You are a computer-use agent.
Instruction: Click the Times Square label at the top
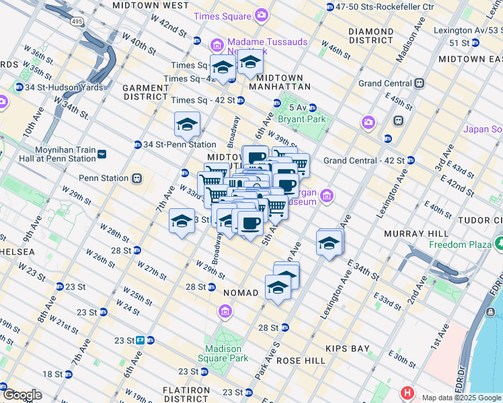pos(222,15)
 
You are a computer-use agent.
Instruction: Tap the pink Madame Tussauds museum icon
pos(217,46)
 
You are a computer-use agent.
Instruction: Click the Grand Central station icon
pos(420,83)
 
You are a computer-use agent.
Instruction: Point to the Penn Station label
pos(104,178)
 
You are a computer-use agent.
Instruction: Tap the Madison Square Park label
pos(223,354)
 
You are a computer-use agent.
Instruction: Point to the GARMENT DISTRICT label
pos(145,92)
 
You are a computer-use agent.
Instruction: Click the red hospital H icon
pos(407,393)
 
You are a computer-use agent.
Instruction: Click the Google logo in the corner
pos(22,394)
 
